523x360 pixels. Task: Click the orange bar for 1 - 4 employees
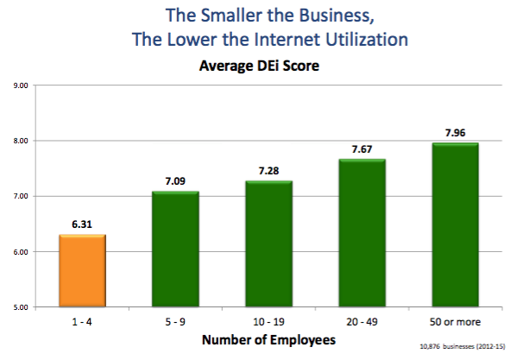click(x=82, y=270)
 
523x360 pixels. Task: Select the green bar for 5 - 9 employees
click(x=175, y=249)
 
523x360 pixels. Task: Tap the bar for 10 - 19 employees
click(x=268, y=243)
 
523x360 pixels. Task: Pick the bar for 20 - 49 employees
click(x=362, y=232)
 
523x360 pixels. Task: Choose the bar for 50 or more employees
click(x=454, y=224)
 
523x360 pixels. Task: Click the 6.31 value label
click(x=82, y=224)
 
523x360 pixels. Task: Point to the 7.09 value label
click(x=175, y=181)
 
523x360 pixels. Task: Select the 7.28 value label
click(x=268, y=171)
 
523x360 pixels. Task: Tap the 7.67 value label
click(x=362, y=149)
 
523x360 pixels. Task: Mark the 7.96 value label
click(x=454, y=133)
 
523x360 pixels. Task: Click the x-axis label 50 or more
click(x=454, y=321)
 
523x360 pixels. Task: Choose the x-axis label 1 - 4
click(x=82, y=321)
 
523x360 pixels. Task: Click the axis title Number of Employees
click(x=268, y=339)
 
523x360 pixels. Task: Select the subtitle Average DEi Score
click(x=261, y=65)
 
